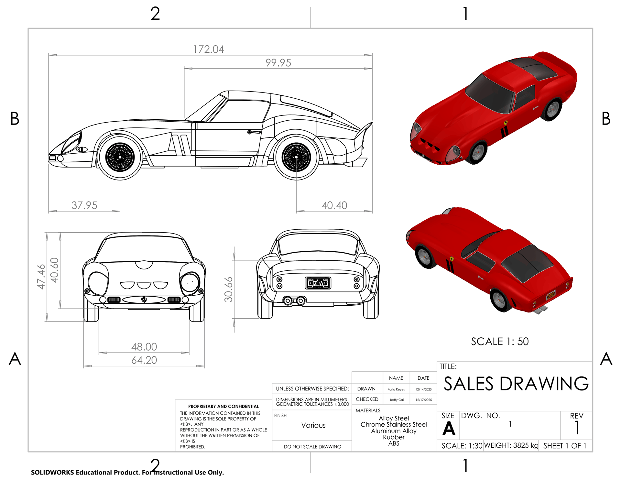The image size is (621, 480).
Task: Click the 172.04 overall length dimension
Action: tap(209, 49)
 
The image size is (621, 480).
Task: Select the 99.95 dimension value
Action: tap(278, 63)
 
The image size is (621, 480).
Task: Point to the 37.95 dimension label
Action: tap(84, 205)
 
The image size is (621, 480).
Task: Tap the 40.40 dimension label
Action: tap(334, 205)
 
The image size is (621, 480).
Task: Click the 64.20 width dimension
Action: tap(144, 360)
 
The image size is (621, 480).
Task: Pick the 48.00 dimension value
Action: tap(144, 347)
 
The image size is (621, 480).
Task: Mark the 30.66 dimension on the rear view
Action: tap(229, 289)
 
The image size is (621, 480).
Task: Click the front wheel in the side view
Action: tap(120, 157)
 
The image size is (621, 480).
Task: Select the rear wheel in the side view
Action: tap(296, 157)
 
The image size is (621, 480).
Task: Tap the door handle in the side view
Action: tap(254, 132)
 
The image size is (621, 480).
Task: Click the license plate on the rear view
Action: tap(318, 283)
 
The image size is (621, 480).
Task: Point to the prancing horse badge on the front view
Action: tap(144, 300)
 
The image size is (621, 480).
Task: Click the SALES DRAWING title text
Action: tap(516, 384)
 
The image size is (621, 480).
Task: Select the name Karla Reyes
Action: tap(396, 389)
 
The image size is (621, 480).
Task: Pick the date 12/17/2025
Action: tap(424, 400)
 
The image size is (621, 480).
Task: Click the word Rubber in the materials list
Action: tap(394, 437)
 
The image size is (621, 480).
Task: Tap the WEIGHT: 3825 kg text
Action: tap(511, 446)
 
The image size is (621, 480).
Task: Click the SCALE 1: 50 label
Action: tap(500, 342)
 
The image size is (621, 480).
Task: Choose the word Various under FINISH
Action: tap(313, 425)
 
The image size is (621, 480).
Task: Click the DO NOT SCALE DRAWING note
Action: tap(312, 447)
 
